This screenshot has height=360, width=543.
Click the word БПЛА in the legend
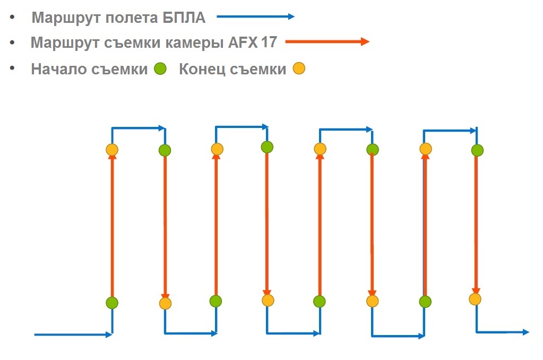[x=182, y=18]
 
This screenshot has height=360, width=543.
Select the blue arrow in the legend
[x=255, y=17]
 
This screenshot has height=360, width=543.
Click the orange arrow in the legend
[x=327, y=42]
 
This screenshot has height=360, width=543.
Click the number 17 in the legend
[x=269, y=42]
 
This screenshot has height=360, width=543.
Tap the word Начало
[x=59, y=69]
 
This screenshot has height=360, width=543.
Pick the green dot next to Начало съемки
[x=160, y=68]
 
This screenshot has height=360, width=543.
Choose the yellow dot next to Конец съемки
[x=299, y=68]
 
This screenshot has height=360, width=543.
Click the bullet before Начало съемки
[x=12, y=68]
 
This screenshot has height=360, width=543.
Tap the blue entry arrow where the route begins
[x=73, y=335]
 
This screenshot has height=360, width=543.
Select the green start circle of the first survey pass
[x=111, y=303]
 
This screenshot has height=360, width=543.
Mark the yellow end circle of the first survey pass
[x=111, y=150]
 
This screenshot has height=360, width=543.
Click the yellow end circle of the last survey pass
[x=475, y=299]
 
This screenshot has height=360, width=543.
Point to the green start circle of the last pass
[x=477, y=150]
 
